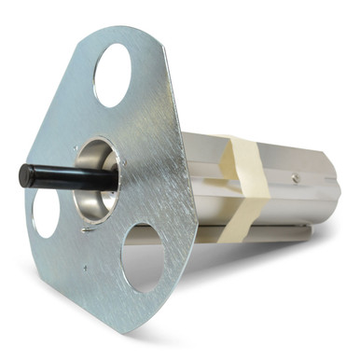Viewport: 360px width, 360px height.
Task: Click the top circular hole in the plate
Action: (113, 74)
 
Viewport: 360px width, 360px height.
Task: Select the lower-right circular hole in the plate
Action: (145, 255)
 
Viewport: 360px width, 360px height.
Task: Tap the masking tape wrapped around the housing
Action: (245, 177)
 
